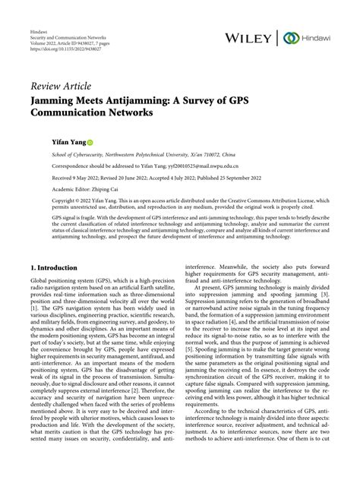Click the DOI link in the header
[55, 35]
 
